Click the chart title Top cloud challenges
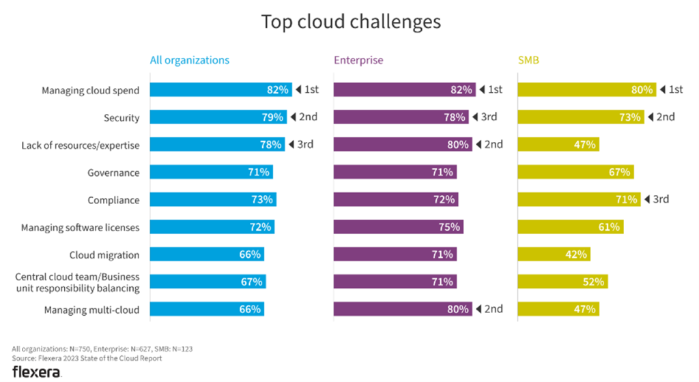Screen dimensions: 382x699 click(351, 22)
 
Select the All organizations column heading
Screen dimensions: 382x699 click(190, 60)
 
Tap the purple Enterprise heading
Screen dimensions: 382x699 click(358, 60)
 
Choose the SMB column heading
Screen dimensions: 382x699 click(529, 60)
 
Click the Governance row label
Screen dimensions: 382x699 click(113, 173)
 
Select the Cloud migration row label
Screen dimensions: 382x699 click(104, 255)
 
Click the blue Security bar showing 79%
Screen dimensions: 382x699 click(217, 117)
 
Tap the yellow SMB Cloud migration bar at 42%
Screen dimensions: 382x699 click(553, 254)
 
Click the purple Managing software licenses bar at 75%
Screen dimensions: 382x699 click(398, 227)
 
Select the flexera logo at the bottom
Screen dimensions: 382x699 click(37, 372)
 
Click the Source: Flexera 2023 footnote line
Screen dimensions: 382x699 click(87, 358)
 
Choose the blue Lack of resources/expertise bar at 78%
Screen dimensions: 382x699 click(216, 145)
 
